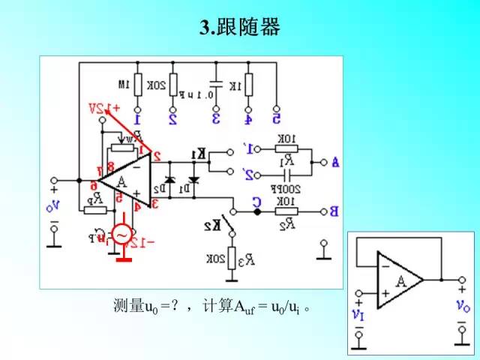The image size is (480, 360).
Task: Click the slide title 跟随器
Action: point(240,28)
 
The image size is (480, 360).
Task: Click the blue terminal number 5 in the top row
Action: point(276,118)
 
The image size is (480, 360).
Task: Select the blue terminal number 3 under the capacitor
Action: point(216,118)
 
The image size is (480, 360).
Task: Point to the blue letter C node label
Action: point(256,200)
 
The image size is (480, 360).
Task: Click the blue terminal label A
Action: point(334,161)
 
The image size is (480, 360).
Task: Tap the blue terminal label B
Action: point(334,211)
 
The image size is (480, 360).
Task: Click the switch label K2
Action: point(213,225)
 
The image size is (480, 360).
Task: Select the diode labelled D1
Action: point(194,181)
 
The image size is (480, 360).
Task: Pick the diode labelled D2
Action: point(169,181)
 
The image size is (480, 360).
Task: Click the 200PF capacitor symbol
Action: point(286,175)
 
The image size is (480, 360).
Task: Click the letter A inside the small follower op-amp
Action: point(401,281)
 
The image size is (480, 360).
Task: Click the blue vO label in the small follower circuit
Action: point(462,305)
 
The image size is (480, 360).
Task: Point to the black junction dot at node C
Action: point(256,212)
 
